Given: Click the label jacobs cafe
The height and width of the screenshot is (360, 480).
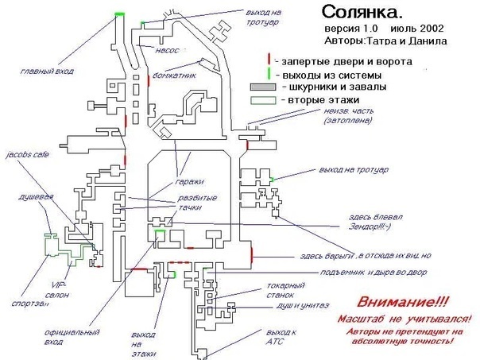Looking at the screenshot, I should [x=27, y=156].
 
